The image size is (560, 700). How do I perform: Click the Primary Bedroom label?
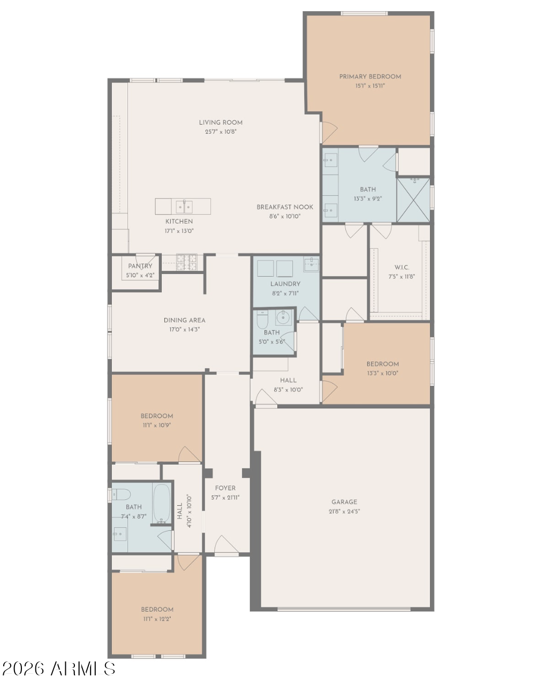tap(370, 77)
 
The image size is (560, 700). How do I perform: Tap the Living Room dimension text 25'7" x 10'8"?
tap(221, 132)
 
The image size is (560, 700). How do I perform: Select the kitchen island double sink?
tap(184, 207)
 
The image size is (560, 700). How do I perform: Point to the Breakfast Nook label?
tap(285, 207)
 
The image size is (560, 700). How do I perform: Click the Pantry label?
tap(140, 266)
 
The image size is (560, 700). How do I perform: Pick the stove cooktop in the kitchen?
tap(187, 262)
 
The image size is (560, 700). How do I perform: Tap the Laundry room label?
tap(285, 284)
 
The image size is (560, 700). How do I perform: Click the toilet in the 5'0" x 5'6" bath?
tap(262, 319)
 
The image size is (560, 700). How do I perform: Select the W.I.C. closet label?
tap(402, 268)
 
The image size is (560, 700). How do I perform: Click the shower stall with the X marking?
tap(413, 200)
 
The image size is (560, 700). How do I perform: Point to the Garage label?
tap(344, 502)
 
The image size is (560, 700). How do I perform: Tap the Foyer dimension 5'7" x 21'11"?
tap(225, 497)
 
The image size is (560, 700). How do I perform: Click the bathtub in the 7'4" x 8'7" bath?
tap(162, 504)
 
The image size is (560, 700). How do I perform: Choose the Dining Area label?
tap(185, 321)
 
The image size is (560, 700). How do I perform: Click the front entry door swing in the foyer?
tap(226, 544)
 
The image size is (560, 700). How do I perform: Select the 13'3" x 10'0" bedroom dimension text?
tap(383, 374)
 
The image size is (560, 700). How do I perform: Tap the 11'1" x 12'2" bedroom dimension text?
tap(157, 619)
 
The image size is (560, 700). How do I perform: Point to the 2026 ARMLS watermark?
tap(58, 669)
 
